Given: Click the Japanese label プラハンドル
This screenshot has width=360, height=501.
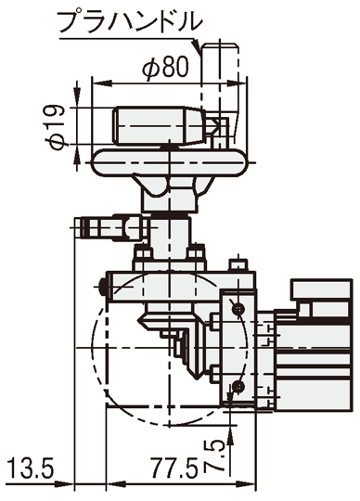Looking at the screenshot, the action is click(130, 21).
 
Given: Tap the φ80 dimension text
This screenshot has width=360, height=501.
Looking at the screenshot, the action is click(165, 67).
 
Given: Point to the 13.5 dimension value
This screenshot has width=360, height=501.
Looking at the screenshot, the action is click(31, 469).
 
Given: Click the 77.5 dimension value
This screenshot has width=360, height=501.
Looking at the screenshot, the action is click(174, 469).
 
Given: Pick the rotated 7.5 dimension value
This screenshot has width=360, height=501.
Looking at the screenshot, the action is click(217, 456).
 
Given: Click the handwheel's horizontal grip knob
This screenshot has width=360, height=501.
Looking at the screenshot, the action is click(160, 125).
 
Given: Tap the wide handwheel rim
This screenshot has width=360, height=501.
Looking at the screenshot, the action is click(170, 162).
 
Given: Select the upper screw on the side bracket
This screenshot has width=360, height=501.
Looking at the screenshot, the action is click(238, 309).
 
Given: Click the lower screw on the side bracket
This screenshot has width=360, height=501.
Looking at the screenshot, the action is click(238, 387).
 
